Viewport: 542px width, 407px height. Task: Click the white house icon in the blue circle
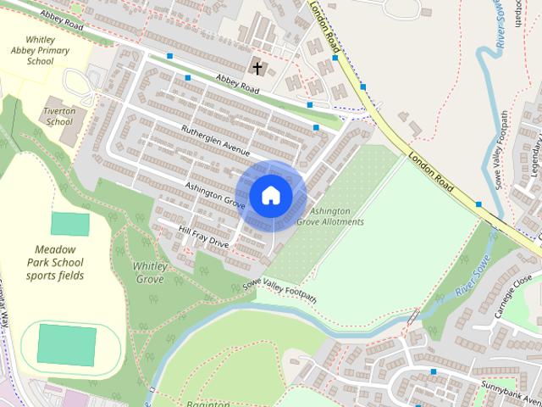[x=270, y=195]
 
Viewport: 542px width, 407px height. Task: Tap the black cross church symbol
[x=257, y=67]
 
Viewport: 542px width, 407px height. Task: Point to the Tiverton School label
[x=60, y=116]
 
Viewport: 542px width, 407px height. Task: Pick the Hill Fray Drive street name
[x=204, y=237]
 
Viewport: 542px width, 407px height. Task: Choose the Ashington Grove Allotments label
[x=336, y=216]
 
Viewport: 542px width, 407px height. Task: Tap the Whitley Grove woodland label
[x=149, y=272]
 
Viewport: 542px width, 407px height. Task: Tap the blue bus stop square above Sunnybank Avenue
[x=433, y=372]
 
